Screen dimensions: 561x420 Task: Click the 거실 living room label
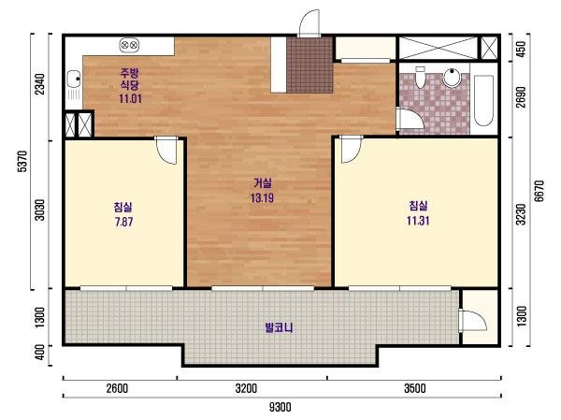pos(262,183)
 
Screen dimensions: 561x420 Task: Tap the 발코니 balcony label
pos(279,327)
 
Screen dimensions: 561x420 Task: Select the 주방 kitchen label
pos(129,73)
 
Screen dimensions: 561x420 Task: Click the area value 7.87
pos(123,222)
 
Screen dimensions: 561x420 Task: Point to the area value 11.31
pos(418,221)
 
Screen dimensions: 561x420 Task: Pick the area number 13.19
pos(262,197)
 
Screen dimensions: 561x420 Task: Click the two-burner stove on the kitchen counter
pos(129,45)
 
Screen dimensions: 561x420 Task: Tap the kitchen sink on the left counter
pos(74,85)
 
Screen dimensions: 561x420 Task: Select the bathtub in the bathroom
pos(483,100)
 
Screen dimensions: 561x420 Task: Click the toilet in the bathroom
pos(421,77)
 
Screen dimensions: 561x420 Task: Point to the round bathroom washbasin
pos(452,77)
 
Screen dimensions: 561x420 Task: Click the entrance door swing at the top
pos(309,22)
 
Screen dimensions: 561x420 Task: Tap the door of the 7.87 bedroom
pos(166,151)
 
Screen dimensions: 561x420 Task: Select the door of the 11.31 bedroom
pos(351,150)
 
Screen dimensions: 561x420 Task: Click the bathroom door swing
pos(410,119)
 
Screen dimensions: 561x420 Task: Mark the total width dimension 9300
pos(280,407)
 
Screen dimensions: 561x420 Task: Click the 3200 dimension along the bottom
pos(246,388)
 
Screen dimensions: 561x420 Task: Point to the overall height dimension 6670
pos(539,191)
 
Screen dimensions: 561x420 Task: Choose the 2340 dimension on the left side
pos(40,84)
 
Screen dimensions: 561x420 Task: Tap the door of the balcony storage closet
pos(472,321)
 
